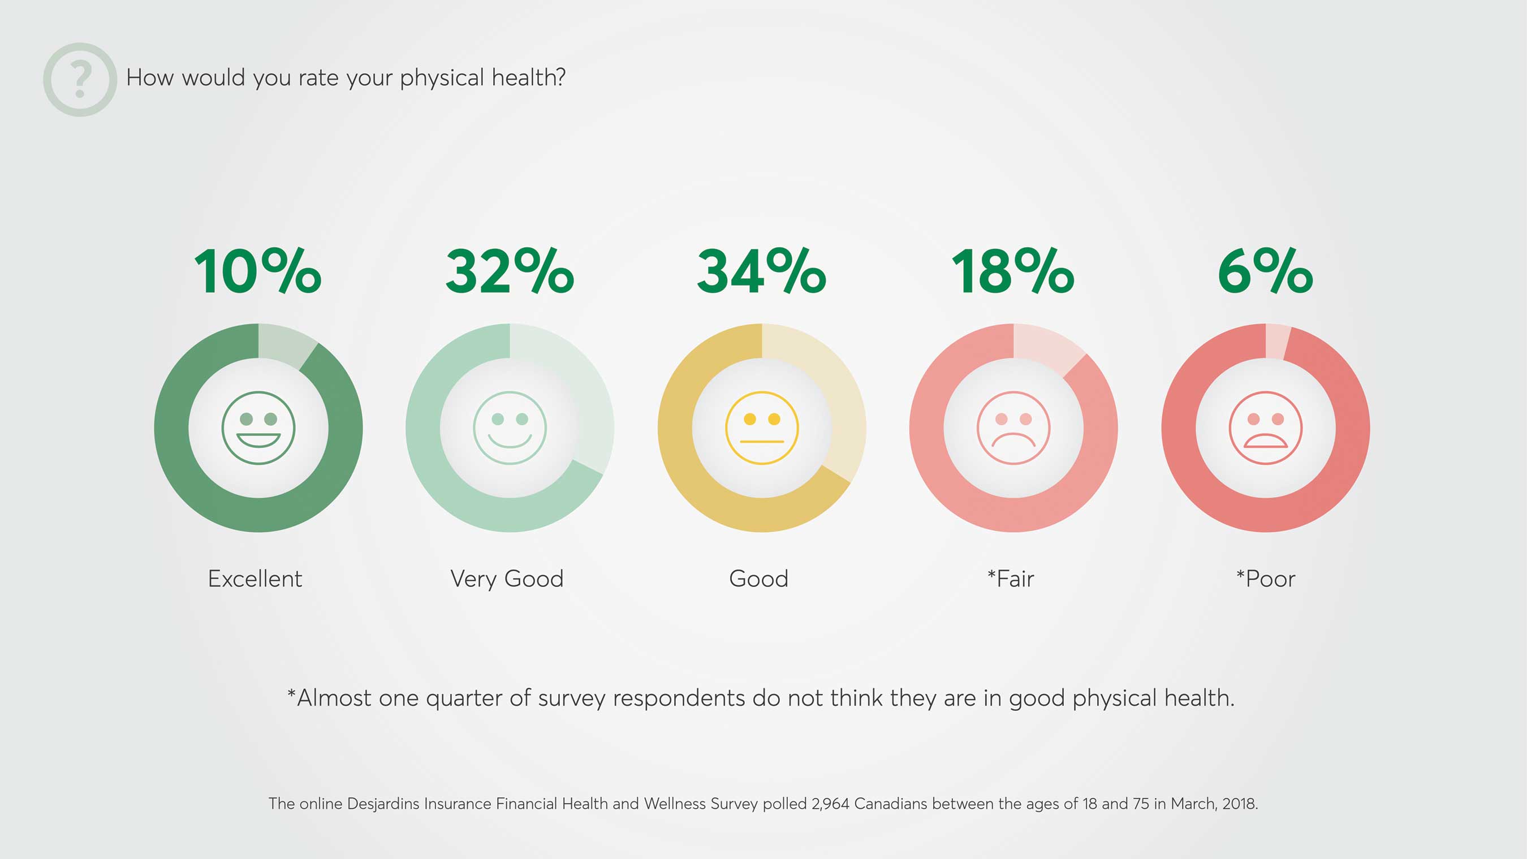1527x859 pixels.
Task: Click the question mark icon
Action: click(x=80, y=79)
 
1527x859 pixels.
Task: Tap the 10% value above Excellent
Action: click(x=258, y=271)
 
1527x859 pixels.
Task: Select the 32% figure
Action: click(x=510, y=271)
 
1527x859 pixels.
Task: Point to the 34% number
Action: click(x=762, y=271)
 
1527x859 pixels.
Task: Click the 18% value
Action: click(x=1013, y=271)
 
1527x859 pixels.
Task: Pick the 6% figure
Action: click(x=1266, y=271)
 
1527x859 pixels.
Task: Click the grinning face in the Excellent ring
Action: click(x=258, y=428)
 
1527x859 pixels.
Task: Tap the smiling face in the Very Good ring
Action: click(x=510, y=428)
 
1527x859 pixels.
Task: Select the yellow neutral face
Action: click(x=762, y=428)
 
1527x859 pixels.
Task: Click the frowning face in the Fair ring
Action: click(x=1013, y=428)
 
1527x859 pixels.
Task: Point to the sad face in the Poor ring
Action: click(x=1266, y=428)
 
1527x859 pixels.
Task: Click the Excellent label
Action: click(x=255, y=579)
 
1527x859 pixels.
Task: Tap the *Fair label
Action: click(x=1011, y=579)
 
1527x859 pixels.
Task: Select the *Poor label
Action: click(x=1266, y=579)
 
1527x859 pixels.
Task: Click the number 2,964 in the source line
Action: click(x=830, y=804)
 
